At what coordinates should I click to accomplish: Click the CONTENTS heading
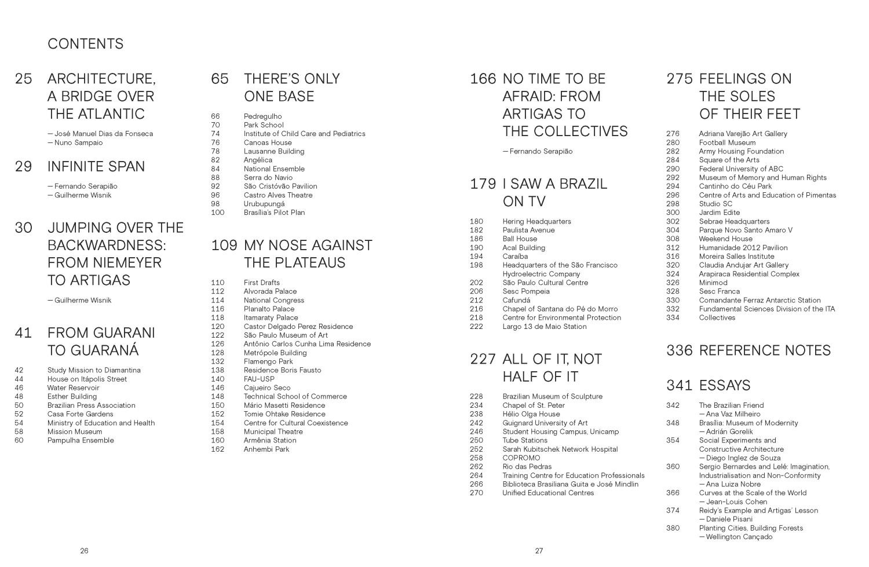86,44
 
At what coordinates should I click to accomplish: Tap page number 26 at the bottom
84,551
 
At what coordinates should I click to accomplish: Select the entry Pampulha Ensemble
81,440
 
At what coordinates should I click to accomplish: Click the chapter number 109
224,246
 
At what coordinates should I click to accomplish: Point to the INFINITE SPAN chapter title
96,167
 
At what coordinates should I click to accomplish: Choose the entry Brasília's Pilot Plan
274,213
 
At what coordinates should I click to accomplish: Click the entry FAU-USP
259,379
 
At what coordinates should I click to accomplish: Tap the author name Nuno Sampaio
78,142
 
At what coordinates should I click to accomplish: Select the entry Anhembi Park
266,449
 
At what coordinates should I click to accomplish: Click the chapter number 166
483,79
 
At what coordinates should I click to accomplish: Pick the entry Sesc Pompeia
526,291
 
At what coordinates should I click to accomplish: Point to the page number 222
476,327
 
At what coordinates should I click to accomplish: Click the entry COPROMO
521,458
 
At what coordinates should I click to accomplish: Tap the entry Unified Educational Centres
548,493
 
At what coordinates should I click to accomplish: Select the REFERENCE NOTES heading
765,350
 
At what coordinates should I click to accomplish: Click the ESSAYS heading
725,385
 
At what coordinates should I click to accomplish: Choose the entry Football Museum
727,142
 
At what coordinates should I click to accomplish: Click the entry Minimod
713,283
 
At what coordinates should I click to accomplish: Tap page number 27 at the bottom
539,551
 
